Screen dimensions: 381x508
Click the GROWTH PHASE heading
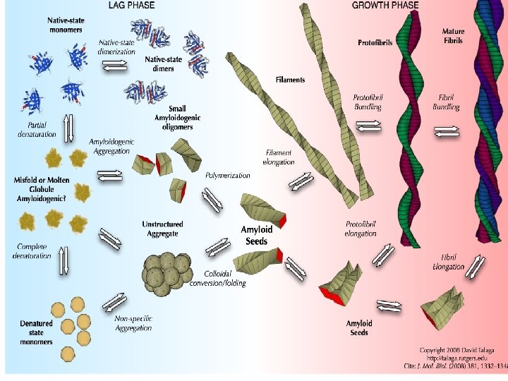tap(385, 5)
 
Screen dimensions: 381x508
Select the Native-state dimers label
tap(163, 64)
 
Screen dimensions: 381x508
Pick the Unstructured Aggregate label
tap(160, 229)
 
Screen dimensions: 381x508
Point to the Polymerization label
tap(227, 176)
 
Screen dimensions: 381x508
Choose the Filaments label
tap(290, 80)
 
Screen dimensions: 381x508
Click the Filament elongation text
tap(279, 157)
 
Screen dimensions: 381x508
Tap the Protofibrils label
tap(375, 42)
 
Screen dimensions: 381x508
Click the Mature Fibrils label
tap(452, 36)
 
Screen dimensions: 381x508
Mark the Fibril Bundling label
tap(446, 102)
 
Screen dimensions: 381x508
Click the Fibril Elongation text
tap(448, 262)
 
